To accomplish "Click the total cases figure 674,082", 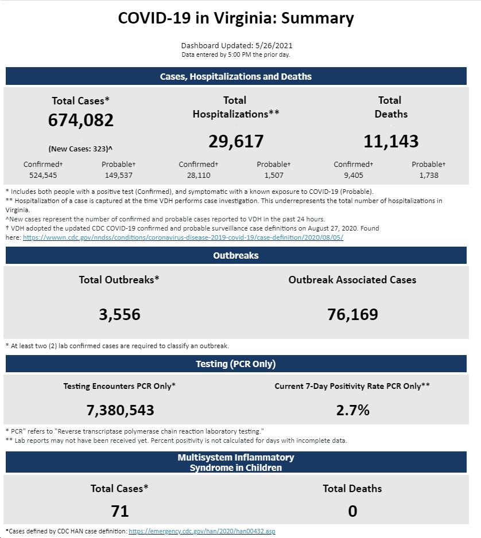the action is (81, 120).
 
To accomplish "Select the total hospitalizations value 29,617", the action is (236, 141).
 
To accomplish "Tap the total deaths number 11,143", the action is (391, 141).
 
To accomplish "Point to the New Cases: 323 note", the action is (80, 149).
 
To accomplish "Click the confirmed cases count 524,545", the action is (43, 176).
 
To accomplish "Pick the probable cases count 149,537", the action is (118, 176).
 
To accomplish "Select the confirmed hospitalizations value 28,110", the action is (199, 176).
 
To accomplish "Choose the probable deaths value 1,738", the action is (428, 176).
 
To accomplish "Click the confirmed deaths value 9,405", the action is (353, 176).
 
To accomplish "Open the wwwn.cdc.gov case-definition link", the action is (183, 237).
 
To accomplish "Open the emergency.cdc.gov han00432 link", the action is (202, 531).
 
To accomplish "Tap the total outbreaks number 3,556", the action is (120, 315).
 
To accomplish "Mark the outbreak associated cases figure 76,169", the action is (352, 315).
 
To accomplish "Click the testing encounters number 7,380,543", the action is (120, 410).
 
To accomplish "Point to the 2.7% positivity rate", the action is (352, 410).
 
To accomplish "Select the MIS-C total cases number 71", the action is (120, 511).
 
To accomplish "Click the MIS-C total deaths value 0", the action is (352, 511).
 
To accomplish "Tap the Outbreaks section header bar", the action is (236, 255).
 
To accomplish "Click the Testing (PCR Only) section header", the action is (236, 364).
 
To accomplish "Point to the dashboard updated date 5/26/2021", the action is (274, 46).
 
